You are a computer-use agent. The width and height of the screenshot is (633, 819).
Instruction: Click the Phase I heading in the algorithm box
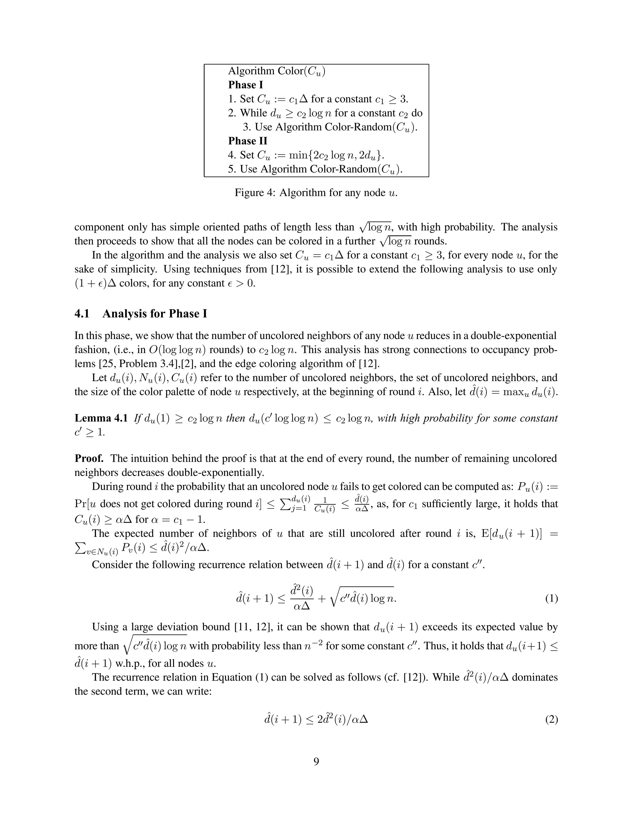[246, 85]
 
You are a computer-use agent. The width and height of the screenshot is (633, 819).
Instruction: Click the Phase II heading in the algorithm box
[248, 141]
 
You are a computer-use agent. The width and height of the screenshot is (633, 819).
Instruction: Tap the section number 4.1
[82, 313]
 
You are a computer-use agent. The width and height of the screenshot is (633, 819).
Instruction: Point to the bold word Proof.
[89, 458]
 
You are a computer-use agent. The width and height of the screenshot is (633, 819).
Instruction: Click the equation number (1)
[551, 599]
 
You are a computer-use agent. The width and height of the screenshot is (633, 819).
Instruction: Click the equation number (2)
[551, 719]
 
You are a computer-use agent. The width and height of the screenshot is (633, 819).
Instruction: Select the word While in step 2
[253, 113]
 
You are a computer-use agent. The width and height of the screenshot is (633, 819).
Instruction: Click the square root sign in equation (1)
[333, 599]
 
